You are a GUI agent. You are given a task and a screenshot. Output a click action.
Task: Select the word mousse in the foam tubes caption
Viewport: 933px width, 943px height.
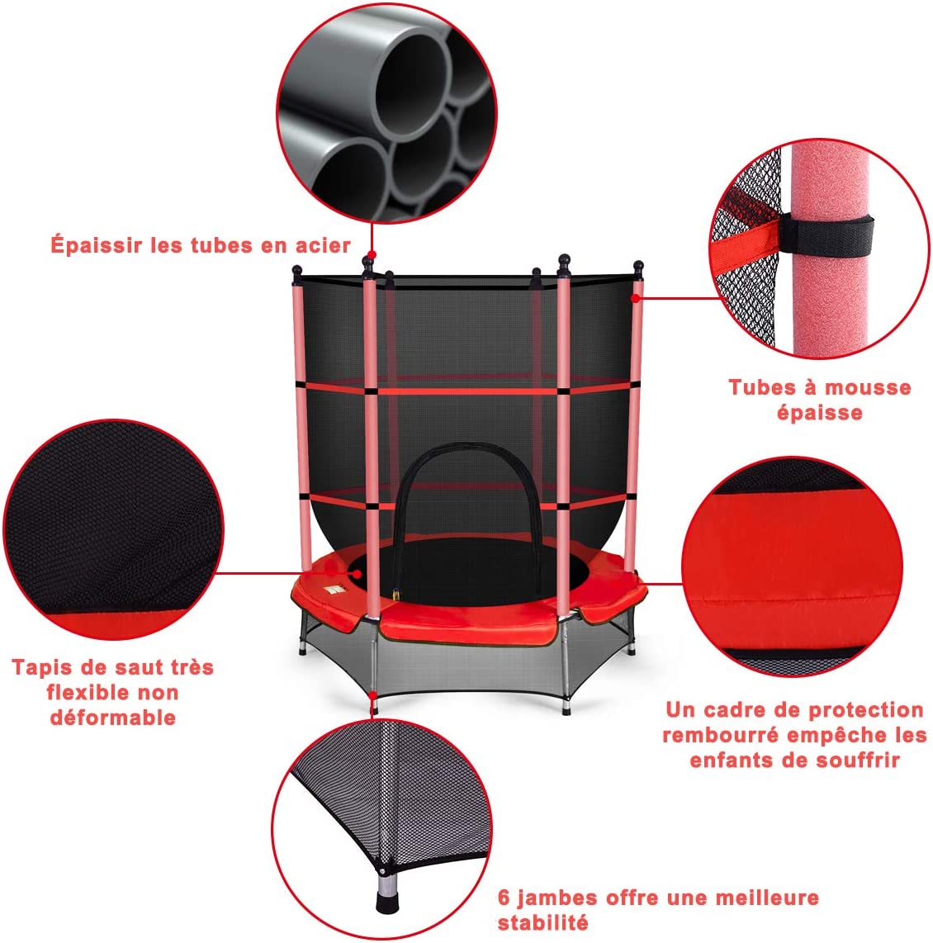867,387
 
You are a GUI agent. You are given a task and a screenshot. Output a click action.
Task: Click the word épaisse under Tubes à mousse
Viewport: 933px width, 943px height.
819,412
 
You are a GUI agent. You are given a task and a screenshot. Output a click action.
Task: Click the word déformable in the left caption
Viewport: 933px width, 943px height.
113,717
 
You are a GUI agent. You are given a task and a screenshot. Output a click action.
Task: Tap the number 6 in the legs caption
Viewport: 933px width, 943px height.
503,898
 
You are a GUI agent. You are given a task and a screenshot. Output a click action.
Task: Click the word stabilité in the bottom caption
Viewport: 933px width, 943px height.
542,922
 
